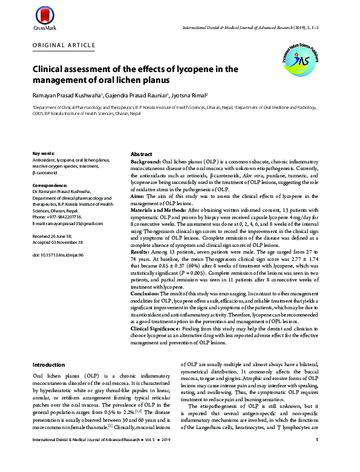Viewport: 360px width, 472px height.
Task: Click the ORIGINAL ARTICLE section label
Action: [x=64, y=45]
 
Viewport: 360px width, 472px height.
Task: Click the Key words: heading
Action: [x=44, y=154]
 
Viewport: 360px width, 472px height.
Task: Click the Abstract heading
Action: [x=142, y=154]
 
